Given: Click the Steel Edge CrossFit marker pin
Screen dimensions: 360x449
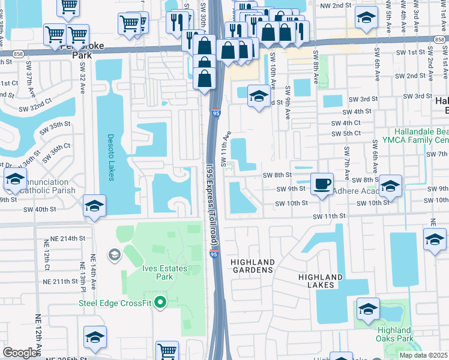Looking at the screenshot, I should tap(160, 302).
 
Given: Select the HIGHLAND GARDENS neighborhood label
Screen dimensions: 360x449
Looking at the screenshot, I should tap(253, 266).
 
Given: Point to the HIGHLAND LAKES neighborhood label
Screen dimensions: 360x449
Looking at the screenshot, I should tap(321, 281).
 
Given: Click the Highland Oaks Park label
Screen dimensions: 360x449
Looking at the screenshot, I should tap(395, 334).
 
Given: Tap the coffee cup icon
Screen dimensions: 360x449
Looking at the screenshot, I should tap(322, 183).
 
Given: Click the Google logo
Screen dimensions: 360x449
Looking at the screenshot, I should tap(20, 353).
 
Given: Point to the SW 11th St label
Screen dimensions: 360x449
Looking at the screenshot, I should tap(330, 215).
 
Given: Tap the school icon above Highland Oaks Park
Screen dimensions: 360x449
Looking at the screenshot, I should tap(368, 309).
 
